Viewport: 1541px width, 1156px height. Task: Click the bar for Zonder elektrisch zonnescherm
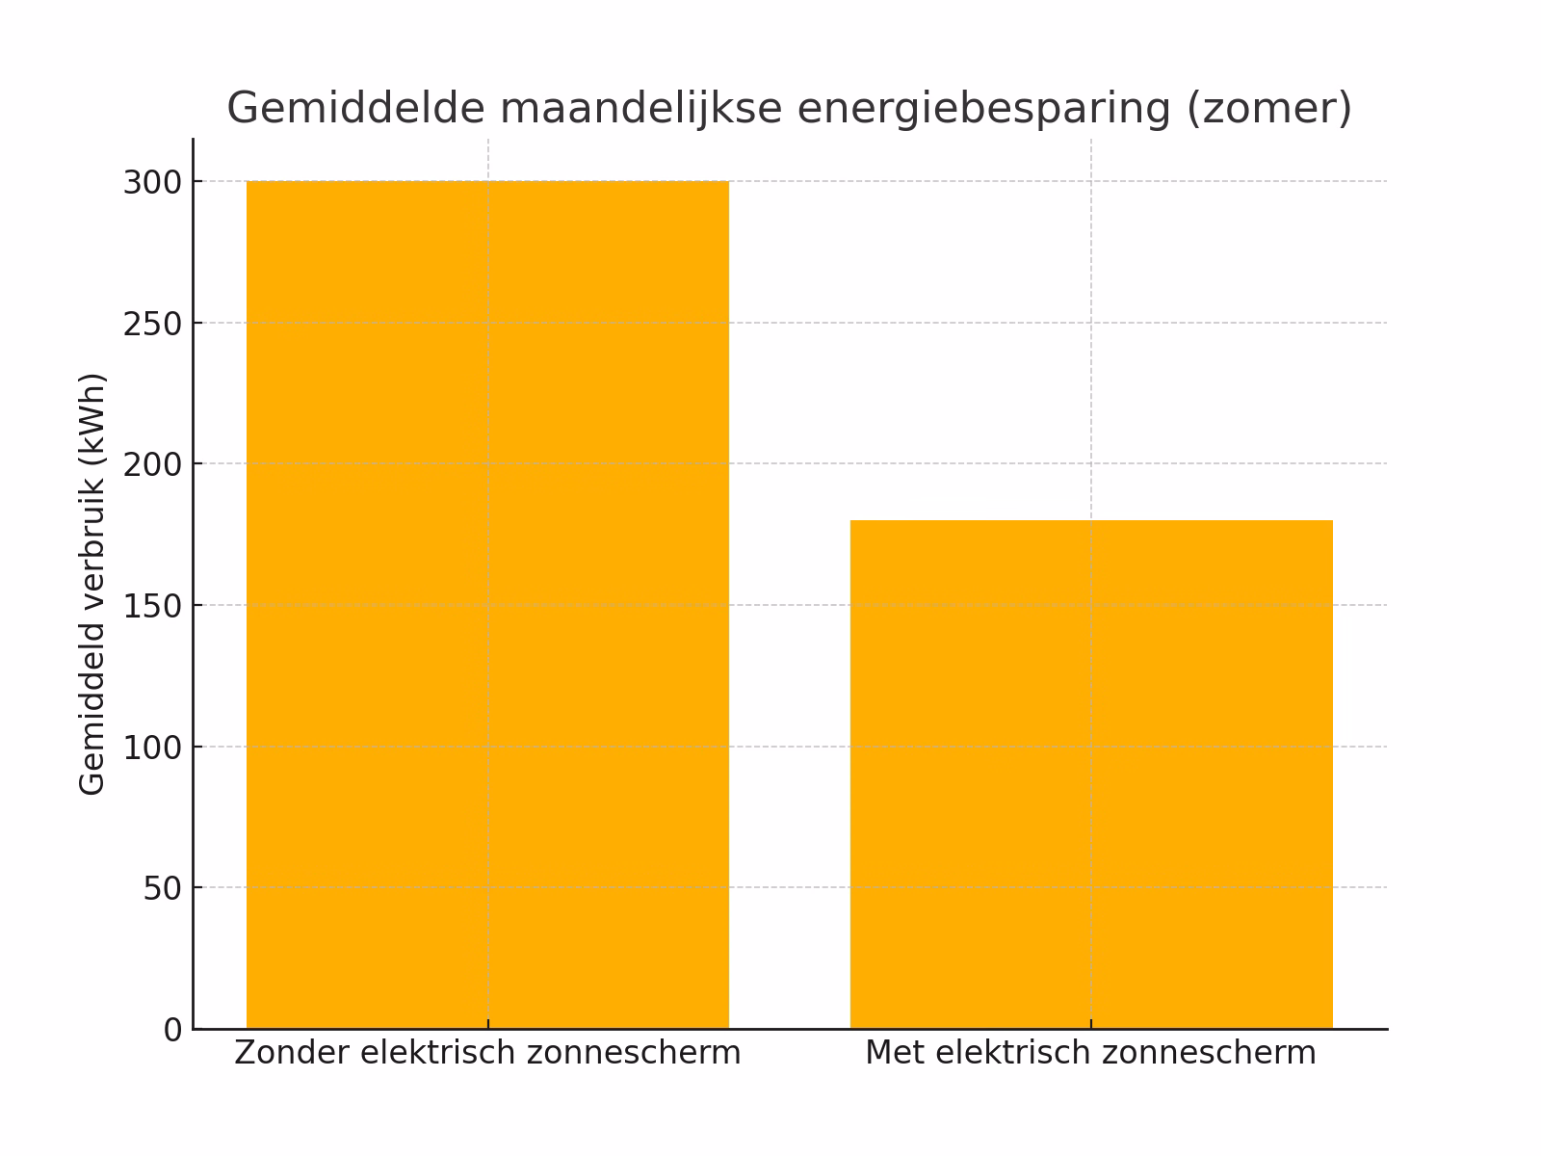487,605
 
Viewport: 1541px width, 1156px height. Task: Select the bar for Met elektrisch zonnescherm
1091,775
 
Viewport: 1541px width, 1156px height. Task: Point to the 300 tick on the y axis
152,182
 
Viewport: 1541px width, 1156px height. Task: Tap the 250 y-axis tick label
152,324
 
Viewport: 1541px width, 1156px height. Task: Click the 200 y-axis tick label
152,464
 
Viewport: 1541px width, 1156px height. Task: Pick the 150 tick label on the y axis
152,606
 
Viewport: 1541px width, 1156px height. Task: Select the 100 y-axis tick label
152,748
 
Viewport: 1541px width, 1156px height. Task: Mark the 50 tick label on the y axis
162,888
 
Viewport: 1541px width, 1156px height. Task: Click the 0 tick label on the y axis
172,1030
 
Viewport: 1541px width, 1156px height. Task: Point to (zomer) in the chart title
1268,108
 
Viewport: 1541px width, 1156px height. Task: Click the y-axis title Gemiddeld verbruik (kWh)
91,584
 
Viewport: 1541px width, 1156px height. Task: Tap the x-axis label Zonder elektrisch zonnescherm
487,1053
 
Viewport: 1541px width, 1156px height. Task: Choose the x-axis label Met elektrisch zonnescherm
1090,1053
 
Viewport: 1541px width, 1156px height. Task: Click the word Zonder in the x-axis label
292,1053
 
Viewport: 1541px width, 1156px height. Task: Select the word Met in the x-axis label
895,1053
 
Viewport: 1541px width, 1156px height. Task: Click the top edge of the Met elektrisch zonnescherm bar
1091,521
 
